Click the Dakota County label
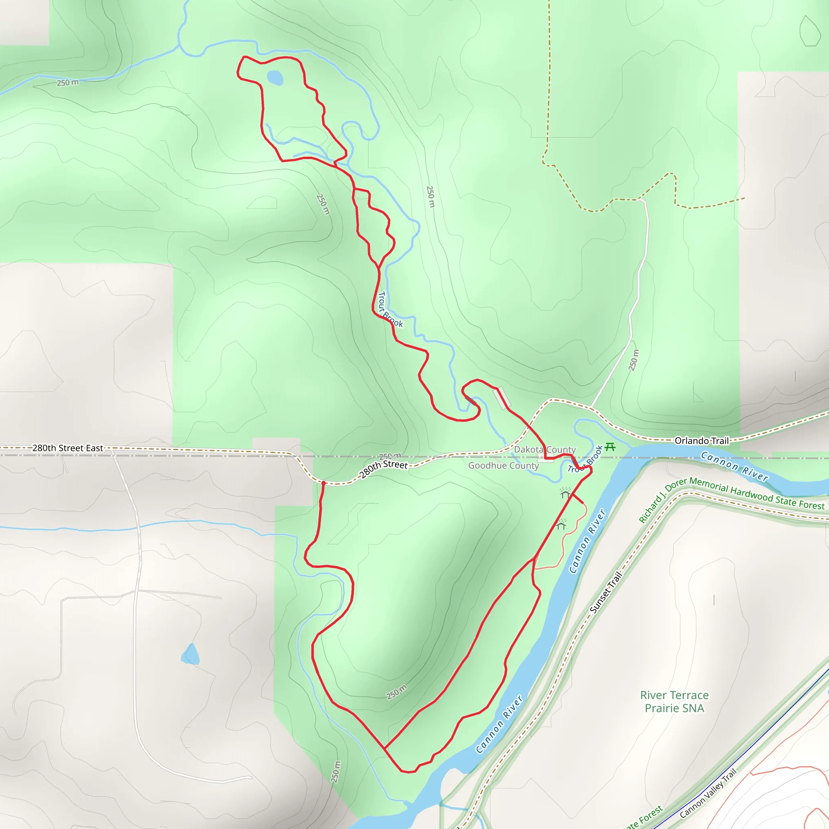(544, 449)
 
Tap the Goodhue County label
(503, 466)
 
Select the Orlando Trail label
(701, 441)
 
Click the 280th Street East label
(68, 448)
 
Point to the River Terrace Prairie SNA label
(674, 701)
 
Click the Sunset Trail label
(606, 592)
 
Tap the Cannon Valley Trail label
(708, 793)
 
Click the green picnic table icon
(610, 448)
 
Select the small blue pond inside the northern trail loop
(275, 78)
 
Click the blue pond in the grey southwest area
(191, 655)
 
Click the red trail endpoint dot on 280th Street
(323, 483)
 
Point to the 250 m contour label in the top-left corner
(68, 83)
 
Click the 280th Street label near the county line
(384, 469)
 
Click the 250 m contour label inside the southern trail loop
(396, 692)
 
